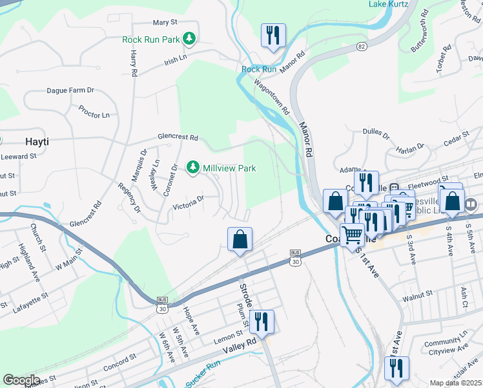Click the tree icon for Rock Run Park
189,40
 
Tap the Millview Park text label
229,168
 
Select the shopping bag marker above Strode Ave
240,239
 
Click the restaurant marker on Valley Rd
262,321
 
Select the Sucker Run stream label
203,378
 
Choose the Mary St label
165,22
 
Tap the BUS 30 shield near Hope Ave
162,305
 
